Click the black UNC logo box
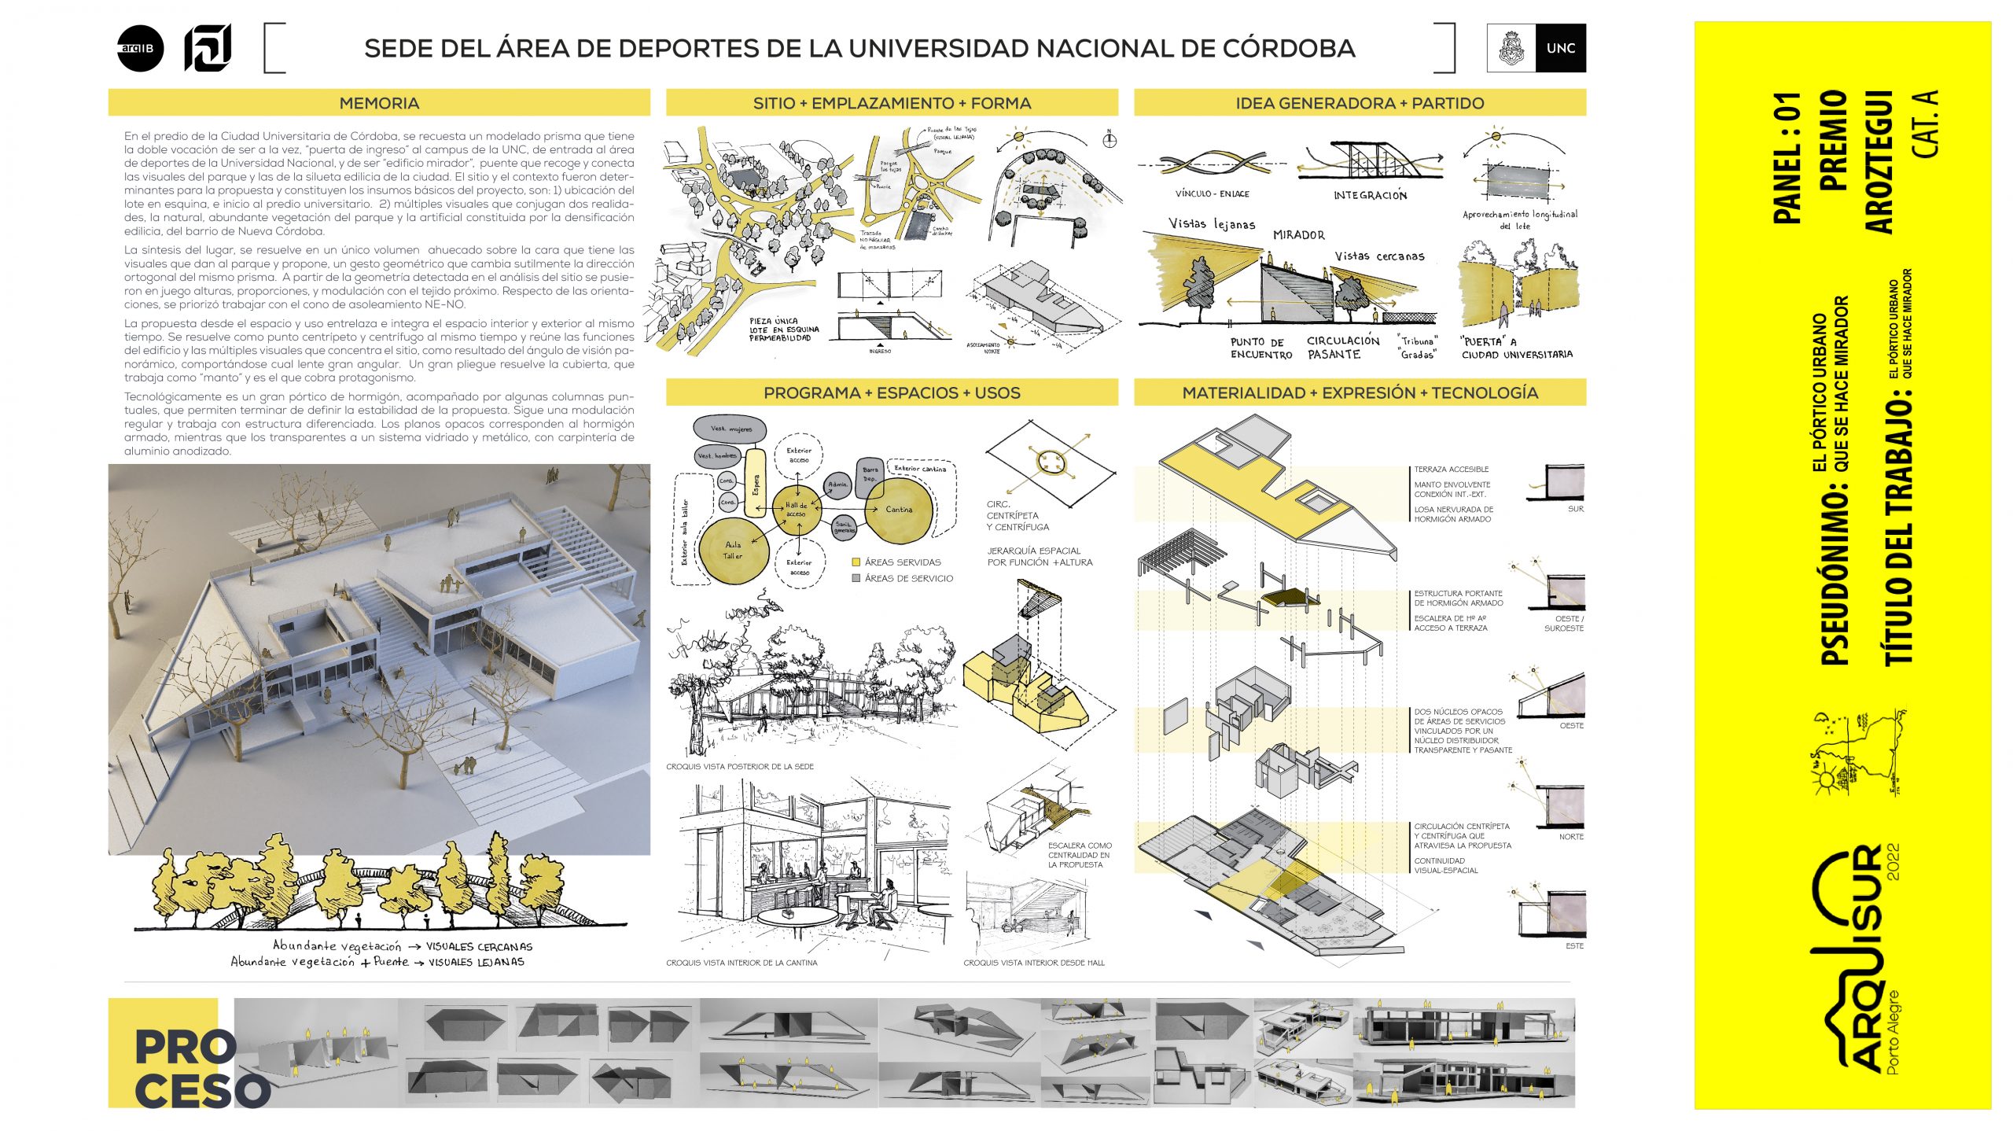(x=1560, y=48)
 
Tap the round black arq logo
(x=140, y=49)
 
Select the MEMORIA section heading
(x=379, y=103)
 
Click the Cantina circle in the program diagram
(x=899, y=510)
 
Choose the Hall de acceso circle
(x=797, y=510)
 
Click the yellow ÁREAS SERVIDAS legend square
(x=856, y=562)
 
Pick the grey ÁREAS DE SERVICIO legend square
(x=856, y=578)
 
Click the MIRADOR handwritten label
(x=1298, y=235)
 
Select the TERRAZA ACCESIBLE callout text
(x=1451, y=470)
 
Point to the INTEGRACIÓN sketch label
(x=1370, y=195)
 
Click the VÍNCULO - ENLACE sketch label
(x=1212, y=193)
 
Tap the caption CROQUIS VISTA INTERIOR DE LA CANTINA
(x=742, y=963)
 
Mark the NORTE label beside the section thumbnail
(x=1570, y=837)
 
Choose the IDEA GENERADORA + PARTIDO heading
(x=1360, y=103)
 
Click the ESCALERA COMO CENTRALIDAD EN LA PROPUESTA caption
(x=1079, y=855)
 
